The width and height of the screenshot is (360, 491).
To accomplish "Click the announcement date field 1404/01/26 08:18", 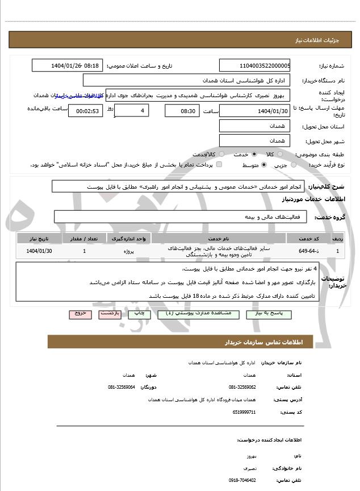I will click(x=68, y=65).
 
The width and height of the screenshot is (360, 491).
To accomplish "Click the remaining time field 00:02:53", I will click(x=85, y=111).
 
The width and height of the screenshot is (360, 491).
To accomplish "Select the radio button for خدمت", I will click(x=253, y=154).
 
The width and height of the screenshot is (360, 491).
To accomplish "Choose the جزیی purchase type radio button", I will click(x=294, y=165).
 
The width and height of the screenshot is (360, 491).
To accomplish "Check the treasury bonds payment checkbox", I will click(x=219, y=165).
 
